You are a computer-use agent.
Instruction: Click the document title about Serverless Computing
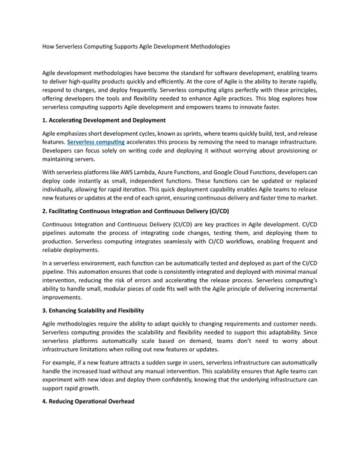[136, 46]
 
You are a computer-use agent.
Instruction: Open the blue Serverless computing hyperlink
[96, 142]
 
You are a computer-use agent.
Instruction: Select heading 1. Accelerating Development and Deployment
[104, 120]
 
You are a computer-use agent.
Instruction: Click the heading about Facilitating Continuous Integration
[136, 212]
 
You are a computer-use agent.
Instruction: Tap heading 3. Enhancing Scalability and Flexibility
[93, 310]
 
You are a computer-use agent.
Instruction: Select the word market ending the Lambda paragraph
[305, 198]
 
